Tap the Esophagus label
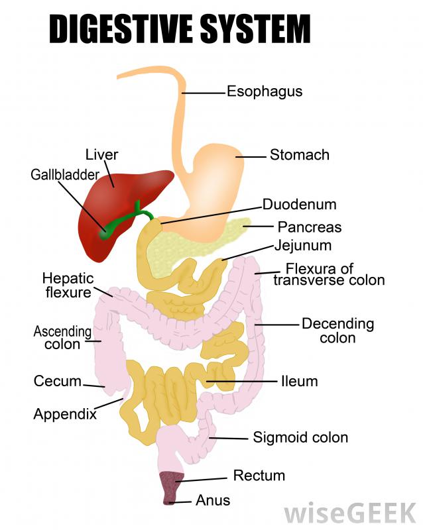pyautogui.click(x=265, y=91)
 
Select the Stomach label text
pyautogui.click(x=299, y=155)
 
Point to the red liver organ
pyautogui.click(x=126, y=199)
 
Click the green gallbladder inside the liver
pyautogui.click(x=104, y=233)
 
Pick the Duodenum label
pyautogui.click(x=299, y=204)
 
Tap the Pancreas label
pyautogui.click(x=309, y=227)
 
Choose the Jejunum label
pyautogui.click(x=303, y=246)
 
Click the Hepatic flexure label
pyautogui.click(x=68, y=285)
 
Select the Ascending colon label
pyautogui.click(x=62, y=337)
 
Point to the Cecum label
pyautogui.click(x=57, y=382)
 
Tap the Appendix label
pyautogui.click(x=65, y=415)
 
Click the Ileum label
pyautogui.click(x=300, y=382)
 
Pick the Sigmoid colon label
pyautogui.click(x=300, y=437)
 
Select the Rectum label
pyautogui.click(x=259, y=476)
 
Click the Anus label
pyautogui.click(x=213, y=500)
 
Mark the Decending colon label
pyautogui.click(x=337, y=331)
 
